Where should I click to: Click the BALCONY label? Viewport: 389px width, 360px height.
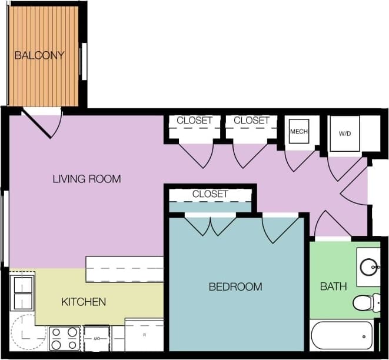click(x=39, y=56)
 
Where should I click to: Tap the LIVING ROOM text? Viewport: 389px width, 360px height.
click(x=87, y=179)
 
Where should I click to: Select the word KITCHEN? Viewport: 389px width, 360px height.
click(x=84, y=302)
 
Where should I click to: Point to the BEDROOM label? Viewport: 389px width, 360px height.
click(x=235, y=286)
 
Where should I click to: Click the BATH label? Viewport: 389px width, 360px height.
click(x=333, y=286)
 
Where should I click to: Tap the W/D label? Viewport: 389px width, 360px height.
click(x=344, y=134)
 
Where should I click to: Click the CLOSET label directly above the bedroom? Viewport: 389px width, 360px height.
click(x=210, y=194)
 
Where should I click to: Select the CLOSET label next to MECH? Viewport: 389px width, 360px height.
click(x=251, y=120)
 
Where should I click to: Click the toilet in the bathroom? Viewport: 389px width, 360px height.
click(x=366, y=303)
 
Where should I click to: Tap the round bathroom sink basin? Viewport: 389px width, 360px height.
click(x=370, y=265)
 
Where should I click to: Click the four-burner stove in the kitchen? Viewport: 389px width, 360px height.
click(x=64, y=338)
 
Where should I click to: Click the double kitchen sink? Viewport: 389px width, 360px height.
click(x=22, y=293)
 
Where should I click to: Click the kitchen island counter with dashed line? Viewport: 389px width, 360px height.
click(x=125, y=269)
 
